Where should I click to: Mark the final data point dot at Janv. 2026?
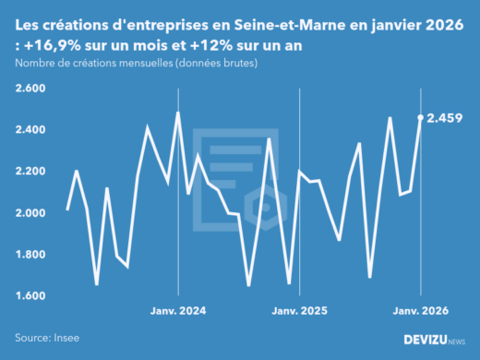[x=421, y=117]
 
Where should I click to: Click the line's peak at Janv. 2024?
[x=177, y=113]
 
